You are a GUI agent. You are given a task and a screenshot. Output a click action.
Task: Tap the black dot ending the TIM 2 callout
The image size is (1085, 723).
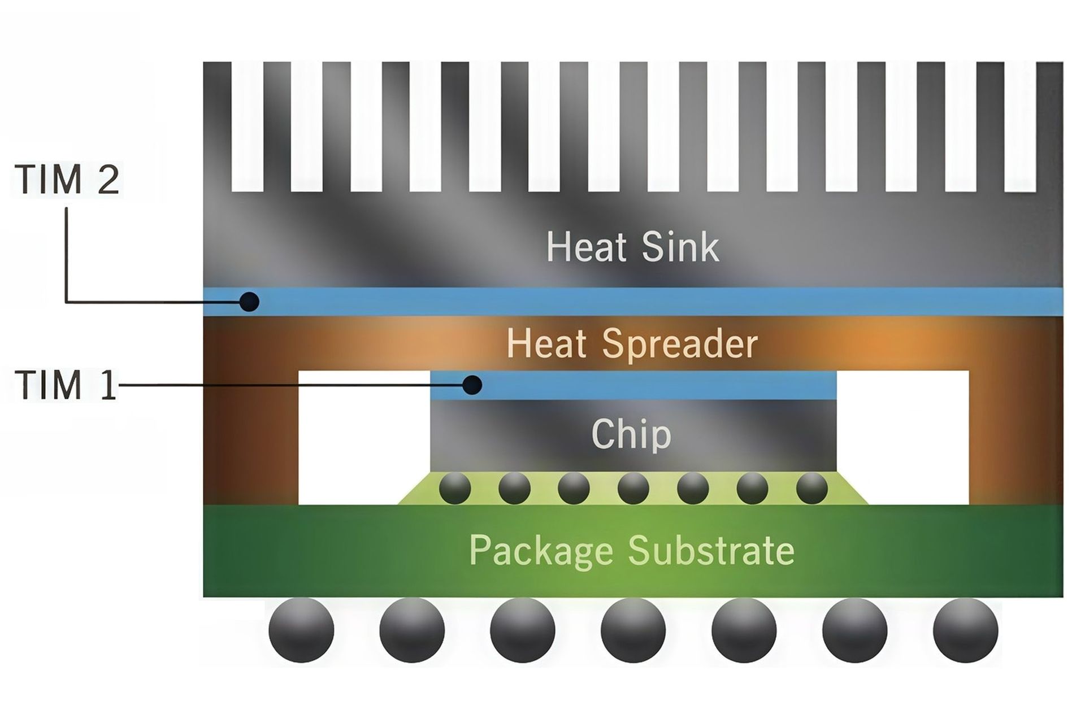(249, 302)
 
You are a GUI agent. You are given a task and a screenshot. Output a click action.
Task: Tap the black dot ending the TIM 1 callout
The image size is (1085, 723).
(472, 385)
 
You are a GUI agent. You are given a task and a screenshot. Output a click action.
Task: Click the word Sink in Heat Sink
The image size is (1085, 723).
(681, 246)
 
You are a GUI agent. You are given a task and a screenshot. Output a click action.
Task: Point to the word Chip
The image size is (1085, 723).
(631, 435)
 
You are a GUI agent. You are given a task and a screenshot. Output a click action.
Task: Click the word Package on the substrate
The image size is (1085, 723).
(541, 551)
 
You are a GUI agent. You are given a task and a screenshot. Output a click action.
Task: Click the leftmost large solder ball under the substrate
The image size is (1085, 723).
(301, 630)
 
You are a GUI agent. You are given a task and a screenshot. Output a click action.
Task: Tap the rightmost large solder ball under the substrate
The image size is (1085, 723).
(966, 630)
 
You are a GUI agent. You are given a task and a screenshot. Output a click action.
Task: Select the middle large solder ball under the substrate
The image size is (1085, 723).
(633, 630)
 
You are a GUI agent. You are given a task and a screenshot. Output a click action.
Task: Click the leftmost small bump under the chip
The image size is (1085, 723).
(455, 488)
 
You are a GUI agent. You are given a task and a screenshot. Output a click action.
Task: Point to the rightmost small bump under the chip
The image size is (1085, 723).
(812, 488)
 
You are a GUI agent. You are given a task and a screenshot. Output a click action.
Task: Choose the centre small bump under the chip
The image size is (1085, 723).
(633, 488)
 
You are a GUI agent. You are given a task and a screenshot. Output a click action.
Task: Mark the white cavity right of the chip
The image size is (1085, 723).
(902, 435)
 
